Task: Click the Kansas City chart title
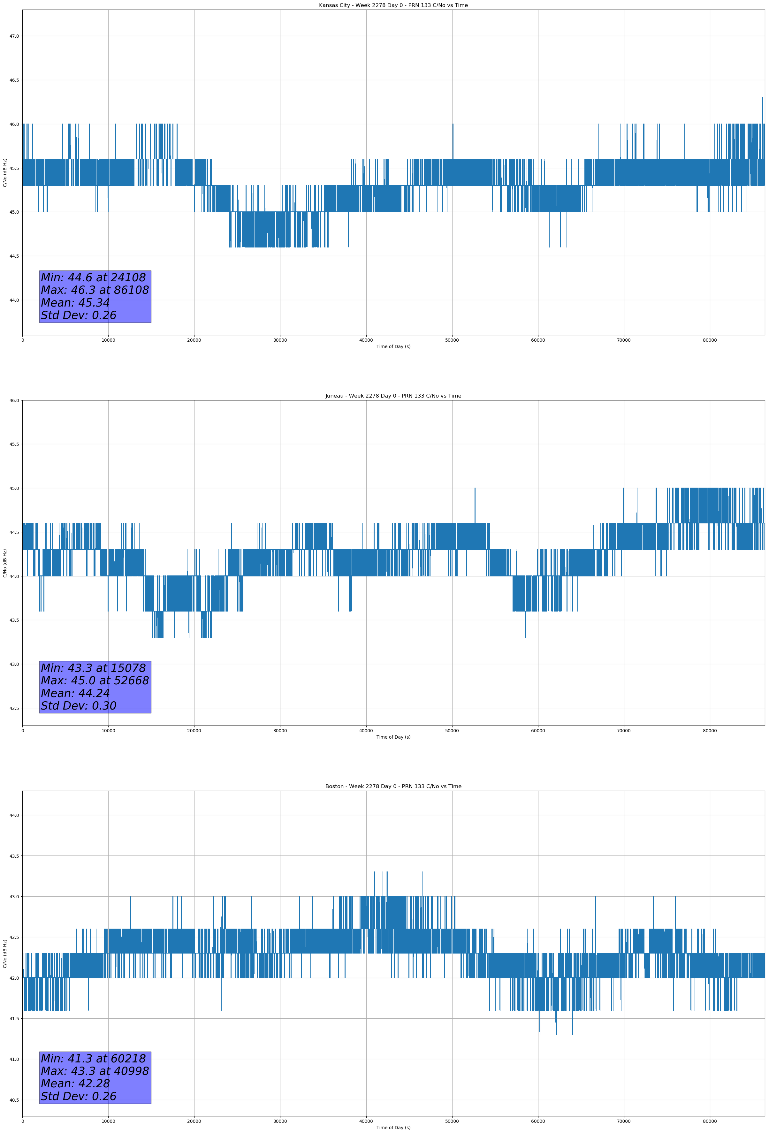(393, 5)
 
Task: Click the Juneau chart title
(393, 396)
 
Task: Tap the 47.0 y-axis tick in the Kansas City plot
(14, 36)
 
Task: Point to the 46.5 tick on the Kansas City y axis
(14, 80)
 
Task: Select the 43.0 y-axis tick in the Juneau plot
(14, 664)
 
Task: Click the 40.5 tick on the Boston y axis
(14, 1100)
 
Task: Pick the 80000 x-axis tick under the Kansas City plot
(710, 340)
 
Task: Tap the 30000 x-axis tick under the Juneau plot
(280, 731)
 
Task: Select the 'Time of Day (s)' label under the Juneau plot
(393, 737)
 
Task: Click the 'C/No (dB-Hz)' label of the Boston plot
(5, 954)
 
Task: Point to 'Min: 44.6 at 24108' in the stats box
(93, 278)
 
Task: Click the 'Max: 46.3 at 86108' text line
(95, 290)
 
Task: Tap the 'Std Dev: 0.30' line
(79, 706)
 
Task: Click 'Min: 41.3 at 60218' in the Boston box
(93, 1058)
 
